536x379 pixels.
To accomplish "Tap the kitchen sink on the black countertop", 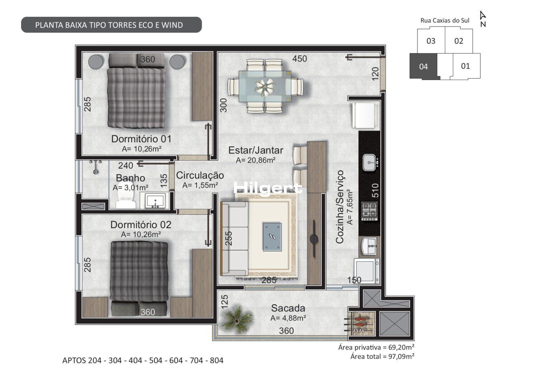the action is (370, 162).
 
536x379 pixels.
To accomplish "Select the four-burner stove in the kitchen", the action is (370, 211).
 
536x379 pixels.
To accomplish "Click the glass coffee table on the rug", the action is (272, 237).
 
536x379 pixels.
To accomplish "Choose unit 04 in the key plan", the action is (423, 66).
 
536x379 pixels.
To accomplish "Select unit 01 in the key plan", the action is (465, 66).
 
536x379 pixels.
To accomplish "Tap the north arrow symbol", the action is (483, 19).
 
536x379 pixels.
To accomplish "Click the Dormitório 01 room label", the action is (142, 139).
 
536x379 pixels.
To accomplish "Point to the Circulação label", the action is (200, 175).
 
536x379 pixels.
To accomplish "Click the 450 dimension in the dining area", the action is (299, 59).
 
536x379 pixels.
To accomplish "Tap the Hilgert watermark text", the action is (268, 188).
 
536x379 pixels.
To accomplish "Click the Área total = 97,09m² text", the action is (383, 357).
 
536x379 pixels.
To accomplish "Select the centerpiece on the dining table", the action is (264, 87).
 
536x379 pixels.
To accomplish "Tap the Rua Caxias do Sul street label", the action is (445, 21).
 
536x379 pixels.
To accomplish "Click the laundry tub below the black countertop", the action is (369, 246).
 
